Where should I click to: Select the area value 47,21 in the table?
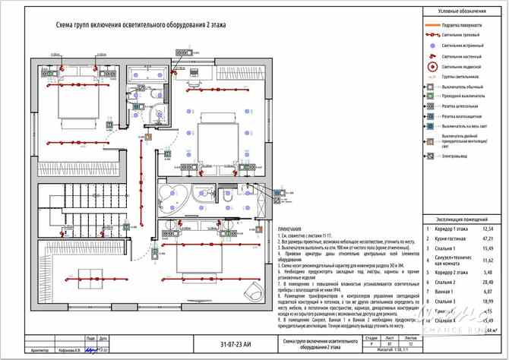488,238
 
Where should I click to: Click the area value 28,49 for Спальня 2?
488,280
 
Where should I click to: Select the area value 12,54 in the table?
488,228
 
